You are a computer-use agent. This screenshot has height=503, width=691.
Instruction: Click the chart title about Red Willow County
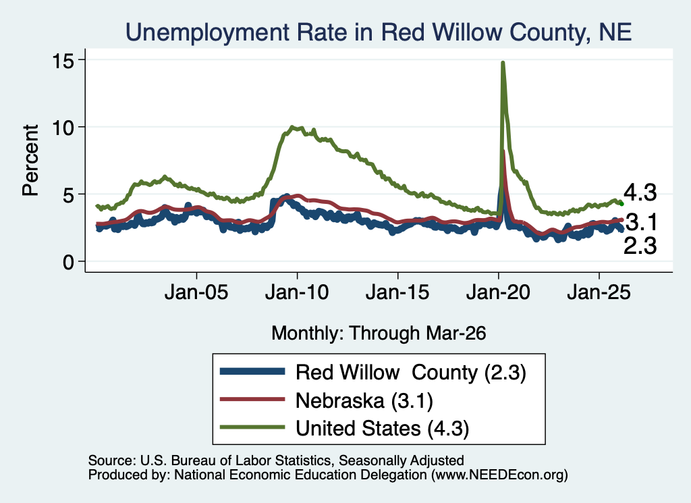tap(379, 32)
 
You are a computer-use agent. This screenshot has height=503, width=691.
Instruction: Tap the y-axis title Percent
tap(30, 160)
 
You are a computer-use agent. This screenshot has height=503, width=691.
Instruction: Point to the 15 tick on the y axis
tap(63, 60)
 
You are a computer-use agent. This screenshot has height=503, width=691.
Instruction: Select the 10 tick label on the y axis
tap(63, 128)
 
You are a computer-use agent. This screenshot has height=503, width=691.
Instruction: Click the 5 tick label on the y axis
tap(69, 195)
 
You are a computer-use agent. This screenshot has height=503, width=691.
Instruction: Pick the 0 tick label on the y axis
tap(69, 263)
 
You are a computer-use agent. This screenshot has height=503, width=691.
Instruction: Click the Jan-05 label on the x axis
tap(196, 292)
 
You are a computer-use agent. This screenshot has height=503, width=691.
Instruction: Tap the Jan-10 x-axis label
tap(297, 292)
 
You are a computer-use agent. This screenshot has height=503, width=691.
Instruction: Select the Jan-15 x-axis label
tap(397, 292)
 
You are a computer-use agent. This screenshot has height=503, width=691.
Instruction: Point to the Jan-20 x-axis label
tap(498, 292)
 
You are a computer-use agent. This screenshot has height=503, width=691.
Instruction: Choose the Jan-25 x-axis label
tap(599, 292)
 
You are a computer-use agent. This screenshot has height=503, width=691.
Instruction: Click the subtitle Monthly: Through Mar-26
tap(379, 334)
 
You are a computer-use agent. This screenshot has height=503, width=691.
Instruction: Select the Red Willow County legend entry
tap(411, 373)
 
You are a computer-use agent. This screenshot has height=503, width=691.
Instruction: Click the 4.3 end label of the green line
tap(640, 193)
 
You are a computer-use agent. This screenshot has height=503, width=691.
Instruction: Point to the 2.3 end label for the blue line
tap(640, 246)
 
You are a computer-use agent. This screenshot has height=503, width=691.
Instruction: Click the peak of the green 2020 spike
tap(502, 63)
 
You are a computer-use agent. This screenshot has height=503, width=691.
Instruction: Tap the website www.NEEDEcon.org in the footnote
tap(499, 475)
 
